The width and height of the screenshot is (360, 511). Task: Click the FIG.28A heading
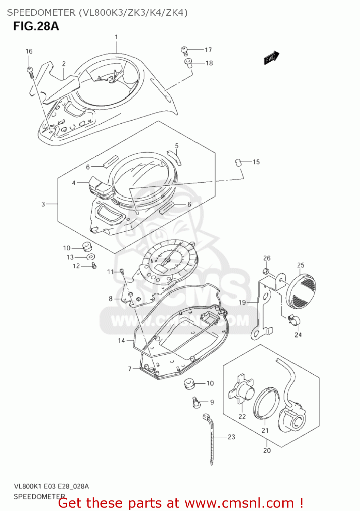(x=36, y=26)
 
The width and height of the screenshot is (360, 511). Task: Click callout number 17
(x=208, y=50)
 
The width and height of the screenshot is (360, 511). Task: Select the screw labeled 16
(x=30, y=72)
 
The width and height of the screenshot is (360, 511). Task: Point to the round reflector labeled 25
(x=301, y=289)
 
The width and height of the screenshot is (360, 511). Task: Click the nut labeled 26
(x=266, y=271)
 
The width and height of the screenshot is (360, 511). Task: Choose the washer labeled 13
(x=90, y=257)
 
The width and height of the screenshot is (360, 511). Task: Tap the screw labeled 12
(x=94, y=266)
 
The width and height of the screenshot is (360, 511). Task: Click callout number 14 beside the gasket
(x=121, y=340)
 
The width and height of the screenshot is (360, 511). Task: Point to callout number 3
(x=43, y=204)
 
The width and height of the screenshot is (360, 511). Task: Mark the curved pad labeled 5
(x=175, y=156)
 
